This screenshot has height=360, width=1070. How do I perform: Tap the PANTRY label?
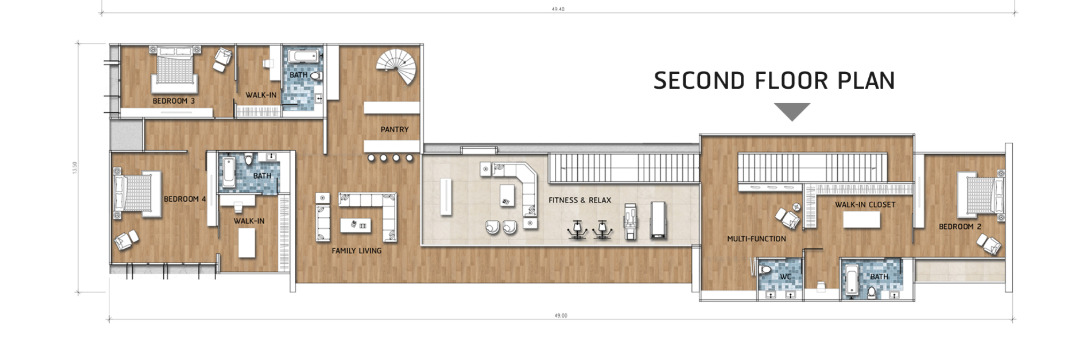(x=394, y=129)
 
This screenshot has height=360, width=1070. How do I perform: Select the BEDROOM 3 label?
(x=174, y=101)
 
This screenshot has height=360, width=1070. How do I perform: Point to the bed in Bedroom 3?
(x=174, y=70)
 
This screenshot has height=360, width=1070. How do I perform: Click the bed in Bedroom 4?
(x=137, y=193)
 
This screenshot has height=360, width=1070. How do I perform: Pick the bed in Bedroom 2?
(x=980, y=195)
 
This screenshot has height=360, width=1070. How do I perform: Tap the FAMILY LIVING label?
(x=356, y=250)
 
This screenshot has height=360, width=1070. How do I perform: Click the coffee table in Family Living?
(x=355, y=225)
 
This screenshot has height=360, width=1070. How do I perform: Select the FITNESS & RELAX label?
(x=579, y=200)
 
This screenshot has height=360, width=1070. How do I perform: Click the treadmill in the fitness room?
(x=658, y=219)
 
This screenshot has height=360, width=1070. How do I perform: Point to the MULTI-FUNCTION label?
(x=756, y=239)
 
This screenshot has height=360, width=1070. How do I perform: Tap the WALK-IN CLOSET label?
(x=865, y=204)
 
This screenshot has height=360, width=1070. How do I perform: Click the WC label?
(x=785, y=277)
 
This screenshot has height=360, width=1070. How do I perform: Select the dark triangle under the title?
(x=792, y=112)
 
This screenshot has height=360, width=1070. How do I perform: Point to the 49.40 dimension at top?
(x=558, y=9)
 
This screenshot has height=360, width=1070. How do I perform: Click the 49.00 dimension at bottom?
(x=561, y=316)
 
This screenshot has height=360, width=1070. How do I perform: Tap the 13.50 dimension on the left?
(x=75, y=167)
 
